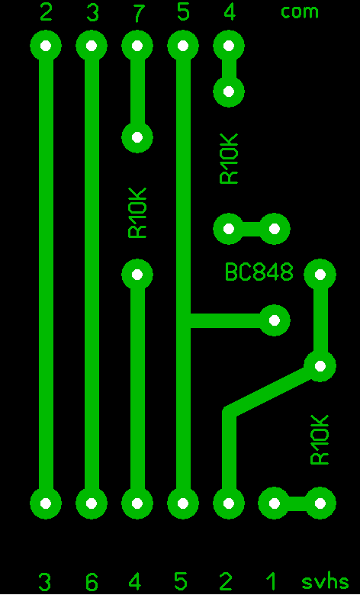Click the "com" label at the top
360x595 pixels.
299,13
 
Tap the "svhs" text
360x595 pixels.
325,581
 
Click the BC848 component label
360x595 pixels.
259,272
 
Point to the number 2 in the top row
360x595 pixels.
46,12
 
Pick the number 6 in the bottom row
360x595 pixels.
92,581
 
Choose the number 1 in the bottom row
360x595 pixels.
271,581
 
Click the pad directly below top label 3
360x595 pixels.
92,46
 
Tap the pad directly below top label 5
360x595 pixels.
183,46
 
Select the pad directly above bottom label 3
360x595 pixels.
46,503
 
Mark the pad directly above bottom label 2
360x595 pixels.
229,503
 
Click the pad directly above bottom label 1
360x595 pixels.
275,503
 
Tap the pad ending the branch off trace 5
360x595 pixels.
275,320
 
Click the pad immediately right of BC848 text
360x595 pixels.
320,275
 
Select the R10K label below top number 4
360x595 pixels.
229,159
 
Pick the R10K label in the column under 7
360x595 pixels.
137,213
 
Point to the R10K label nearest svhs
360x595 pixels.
320,439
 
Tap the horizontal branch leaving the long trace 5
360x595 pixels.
228,320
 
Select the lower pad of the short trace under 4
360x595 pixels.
229,92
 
